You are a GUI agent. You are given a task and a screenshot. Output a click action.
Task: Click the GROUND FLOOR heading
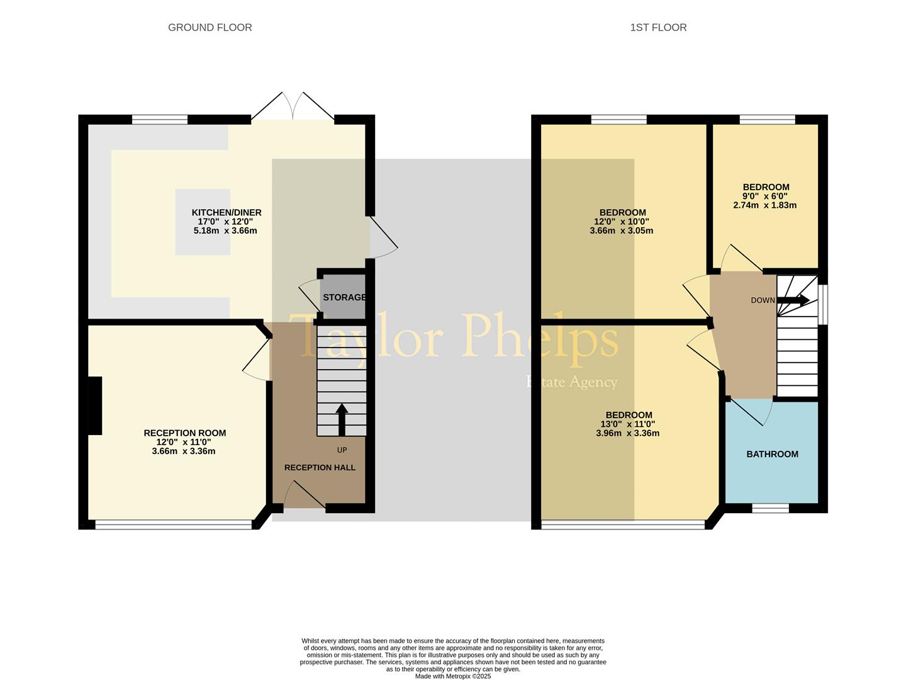[x=210, y=28]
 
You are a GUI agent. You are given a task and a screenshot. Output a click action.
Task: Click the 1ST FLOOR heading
[x=658, y=28]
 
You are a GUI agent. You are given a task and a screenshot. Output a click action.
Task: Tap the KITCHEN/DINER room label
[x=226, y=213]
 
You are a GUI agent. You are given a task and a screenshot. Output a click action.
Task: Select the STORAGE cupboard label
[x=344, y=297]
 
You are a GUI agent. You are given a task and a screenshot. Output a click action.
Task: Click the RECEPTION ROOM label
[x=184, y=433]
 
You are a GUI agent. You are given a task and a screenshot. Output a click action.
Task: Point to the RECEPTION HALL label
[x=320, y=467]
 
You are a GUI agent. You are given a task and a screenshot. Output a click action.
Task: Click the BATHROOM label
[x=772, y=454]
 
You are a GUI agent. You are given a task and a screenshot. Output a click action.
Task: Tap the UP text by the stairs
[x=342, y=450]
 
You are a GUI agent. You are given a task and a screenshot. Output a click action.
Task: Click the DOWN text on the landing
[x=763, y=300]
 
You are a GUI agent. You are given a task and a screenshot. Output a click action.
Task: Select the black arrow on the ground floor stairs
[x=342, y=419]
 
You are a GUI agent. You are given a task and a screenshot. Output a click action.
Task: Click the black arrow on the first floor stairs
[x=793, y=301]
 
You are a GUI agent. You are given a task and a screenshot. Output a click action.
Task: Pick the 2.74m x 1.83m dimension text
[x=765, y=205]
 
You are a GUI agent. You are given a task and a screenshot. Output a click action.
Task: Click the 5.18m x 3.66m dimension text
[x=225, y=231]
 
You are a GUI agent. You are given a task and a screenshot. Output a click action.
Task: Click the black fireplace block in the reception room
[x=94, y=405]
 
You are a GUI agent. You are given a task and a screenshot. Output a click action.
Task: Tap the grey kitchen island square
[x=202, y=222]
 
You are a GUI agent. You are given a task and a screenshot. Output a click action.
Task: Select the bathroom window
[x=770, y=507]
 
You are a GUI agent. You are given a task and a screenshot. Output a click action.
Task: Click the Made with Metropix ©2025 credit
[x=452, y=676]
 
